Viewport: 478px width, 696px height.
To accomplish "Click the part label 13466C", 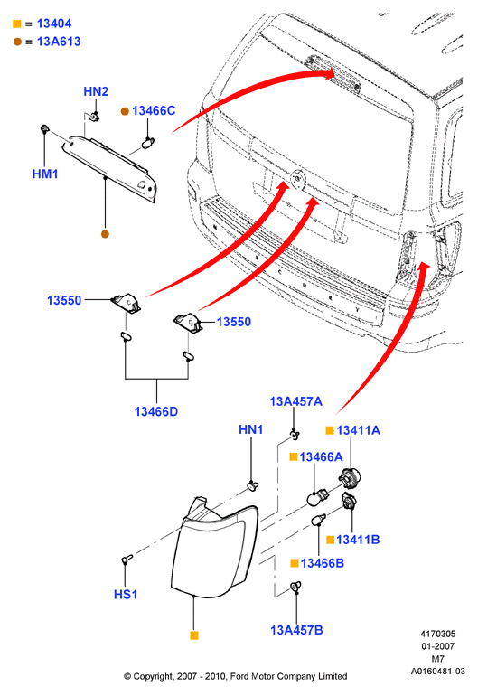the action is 154,110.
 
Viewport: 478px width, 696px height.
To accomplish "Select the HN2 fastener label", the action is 96,91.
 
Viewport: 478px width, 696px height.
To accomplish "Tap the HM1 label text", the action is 45,174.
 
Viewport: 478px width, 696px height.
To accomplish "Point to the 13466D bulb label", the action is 156,411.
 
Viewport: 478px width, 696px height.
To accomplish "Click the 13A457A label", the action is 296,401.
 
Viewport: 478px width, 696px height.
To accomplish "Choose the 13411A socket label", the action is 358,430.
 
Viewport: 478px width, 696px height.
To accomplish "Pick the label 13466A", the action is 321,456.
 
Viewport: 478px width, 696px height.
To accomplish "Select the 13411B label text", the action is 358,540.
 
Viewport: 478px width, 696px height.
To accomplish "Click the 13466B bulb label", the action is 323,563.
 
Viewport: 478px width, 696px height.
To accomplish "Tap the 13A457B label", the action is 296,630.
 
